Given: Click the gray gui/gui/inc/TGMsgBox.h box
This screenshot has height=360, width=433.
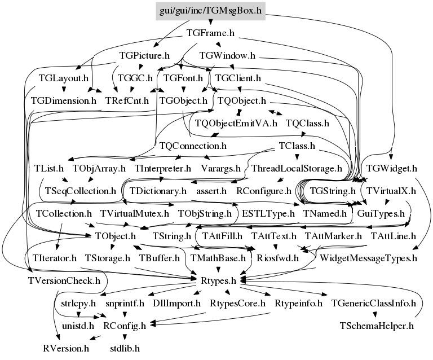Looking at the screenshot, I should coord(209,11).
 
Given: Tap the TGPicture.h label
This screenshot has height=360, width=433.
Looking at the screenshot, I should coord(145,56).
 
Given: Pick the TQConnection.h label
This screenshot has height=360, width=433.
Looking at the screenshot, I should coord(193,146).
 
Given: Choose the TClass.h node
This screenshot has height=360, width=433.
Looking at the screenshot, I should coord(297,146).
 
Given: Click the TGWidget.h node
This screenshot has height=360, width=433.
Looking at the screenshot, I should coord(391,168).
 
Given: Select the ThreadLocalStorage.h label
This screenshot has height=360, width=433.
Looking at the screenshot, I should coord(297,168).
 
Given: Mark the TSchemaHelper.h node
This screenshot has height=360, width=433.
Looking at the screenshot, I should coord(377,326).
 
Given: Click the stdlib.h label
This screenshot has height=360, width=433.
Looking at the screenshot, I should coord(125,348).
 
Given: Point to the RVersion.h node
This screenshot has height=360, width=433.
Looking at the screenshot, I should coord(66,348).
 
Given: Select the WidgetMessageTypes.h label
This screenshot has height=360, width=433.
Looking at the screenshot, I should coord(368,258).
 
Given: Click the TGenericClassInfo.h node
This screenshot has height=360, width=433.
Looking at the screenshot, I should coord(373,303).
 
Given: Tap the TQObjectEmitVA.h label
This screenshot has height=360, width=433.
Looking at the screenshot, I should coord(236,123).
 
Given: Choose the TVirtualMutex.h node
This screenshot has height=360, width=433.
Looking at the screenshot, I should coord(135,213).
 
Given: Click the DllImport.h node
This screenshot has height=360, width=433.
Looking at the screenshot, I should coord(177,303).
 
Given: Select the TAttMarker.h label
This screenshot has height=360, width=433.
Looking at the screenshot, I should coord(333,236).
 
